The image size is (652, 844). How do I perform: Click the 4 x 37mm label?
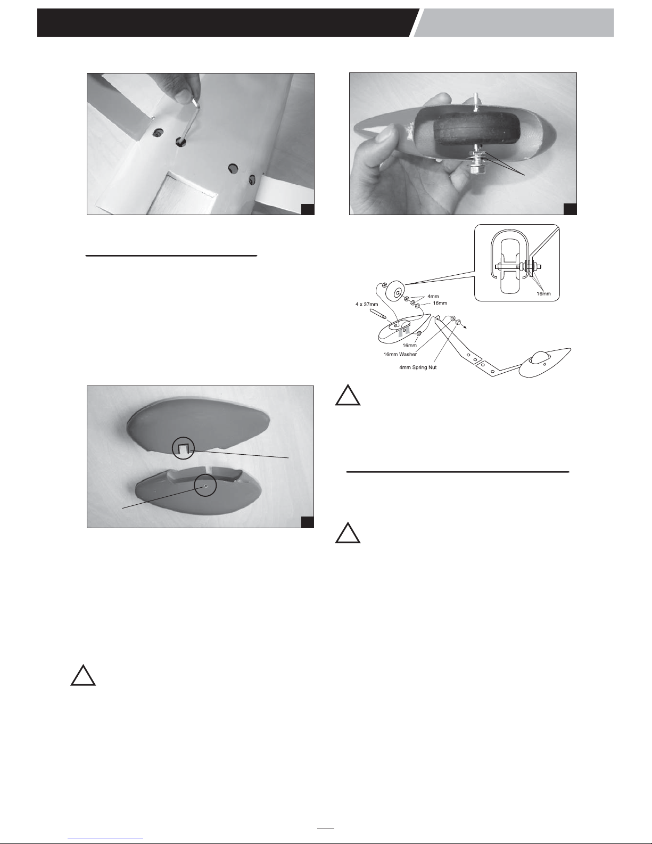(x=367, y=304)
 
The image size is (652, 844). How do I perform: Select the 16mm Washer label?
(x=400, y=354)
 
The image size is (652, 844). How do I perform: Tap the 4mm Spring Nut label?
(x=418, y=367)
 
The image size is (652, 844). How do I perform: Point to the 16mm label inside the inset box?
(x=543, y=293)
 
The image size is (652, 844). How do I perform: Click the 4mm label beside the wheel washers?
(x=433, y=297)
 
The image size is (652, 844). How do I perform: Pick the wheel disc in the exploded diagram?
(x=396, y=291)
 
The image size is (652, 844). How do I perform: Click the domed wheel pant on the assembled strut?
(x=545, y=362)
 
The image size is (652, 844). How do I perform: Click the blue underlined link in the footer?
(x=105, y=839)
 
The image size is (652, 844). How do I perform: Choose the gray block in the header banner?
(x=514, y=22)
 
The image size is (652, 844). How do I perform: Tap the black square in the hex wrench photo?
(x=308, y=209)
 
